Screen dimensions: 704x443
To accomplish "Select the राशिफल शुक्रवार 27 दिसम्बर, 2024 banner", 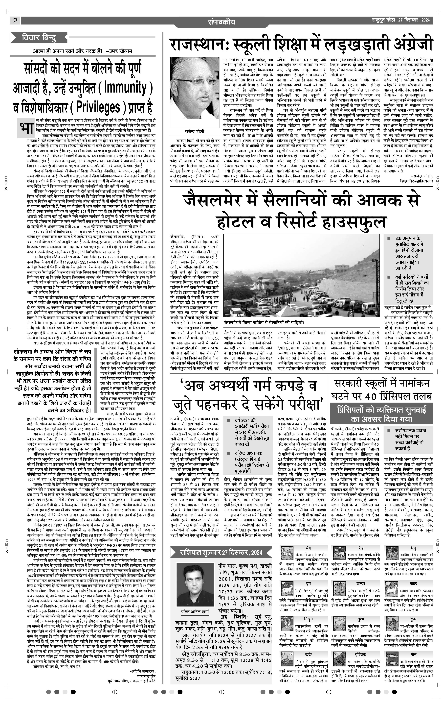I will click(x=221, y=552).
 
